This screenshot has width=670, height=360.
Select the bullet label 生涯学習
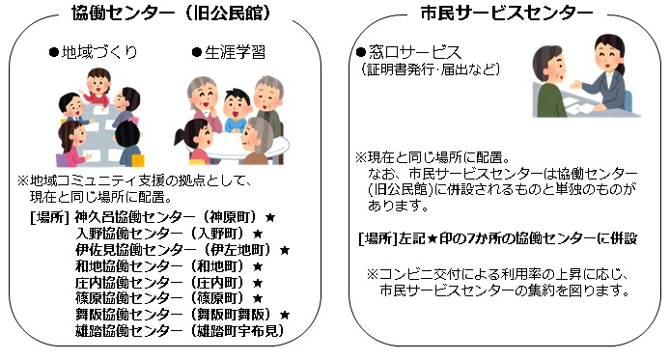pos(227,51)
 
